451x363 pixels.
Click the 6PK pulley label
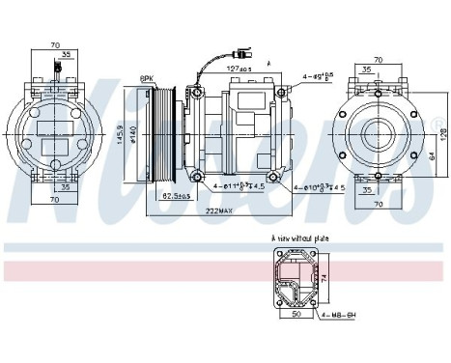[147, 77]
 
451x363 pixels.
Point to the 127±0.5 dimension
[240, 69]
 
